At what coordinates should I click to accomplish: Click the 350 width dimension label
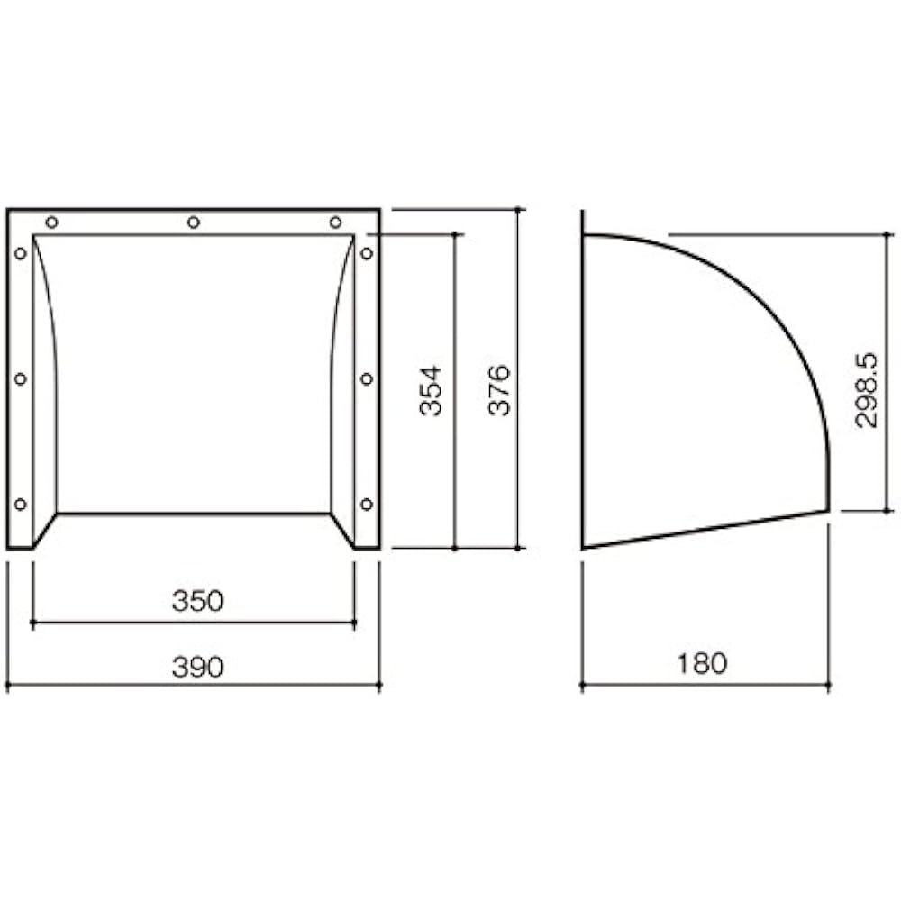point(196,602)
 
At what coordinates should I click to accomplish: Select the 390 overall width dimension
point(196,667)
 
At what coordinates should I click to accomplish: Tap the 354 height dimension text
point(432,389)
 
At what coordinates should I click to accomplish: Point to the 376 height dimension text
point(500,389)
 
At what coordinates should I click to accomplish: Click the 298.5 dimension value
point(865,389)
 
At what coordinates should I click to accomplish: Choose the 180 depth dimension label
point(701,664)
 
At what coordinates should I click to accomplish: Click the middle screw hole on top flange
point(193,223)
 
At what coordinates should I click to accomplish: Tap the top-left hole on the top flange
point(51,223)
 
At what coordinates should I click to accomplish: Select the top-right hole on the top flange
point(335,223)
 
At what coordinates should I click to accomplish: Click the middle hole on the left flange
point(20,379)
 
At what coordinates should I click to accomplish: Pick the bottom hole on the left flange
point(20,505)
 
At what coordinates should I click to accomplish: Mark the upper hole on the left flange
point(20,254)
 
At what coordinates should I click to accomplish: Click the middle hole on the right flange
point(367,379)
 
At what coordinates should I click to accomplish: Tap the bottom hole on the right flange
point(367,505)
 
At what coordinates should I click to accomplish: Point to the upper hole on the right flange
point(367,254)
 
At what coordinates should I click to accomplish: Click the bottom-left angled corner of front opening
point(45,530)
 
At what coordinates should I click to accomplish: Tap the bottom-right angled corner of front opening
point(342,530)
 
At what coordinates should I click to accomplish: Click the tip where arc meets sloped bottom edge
point(827,510)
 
